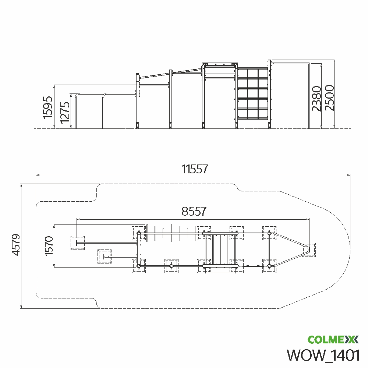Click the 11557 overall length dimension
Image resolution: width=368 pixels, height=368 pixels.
point(195,169)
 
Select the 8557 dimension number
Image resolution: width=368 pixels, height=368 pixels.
point(194,211)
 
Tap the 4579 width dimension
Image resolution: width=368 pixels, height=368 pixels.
point(16,245)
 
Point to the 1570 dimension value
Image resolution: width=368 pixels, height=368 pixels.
point(49,246)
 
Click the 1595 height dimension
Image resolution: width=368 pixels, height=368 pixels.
point(47,107)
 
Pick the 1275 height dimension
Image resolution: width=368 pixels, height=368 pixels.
point(65,112)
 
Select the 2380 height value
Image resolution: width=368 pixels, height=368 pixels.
point(316,99)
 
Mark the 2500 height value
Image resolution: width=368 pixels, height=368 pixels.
point(329,98)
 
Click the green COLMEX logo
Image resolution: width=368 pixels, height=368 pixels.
point(333,340)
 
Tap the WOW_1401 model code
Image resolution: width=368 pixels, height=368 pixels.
point(323,355)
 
